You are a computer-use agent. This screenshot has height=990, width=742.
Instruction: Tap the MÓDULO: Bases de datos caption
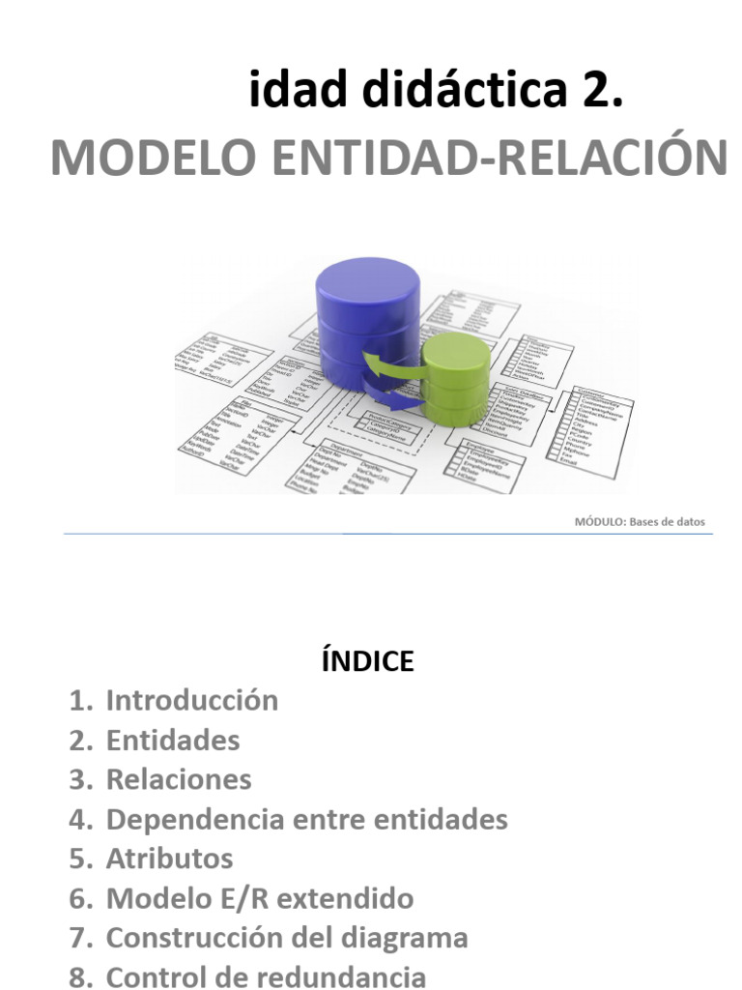point(640,522)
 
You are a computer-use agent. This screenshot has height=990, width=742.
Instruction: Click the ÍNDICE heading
point(367,661)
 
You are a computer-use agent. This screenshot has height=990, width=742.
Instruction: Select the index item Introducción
point(192,700)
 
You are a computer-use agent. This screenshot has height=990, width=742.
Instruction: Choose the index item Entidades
point(173,741)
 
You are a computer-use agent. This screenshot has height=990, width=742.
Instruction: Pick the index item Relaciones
point(179,779)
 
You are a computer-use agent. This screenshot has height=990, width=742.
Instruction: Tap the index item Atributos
point(169,859)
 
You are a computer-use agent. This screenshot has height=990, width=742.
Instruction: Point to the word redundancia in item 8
point(348,976)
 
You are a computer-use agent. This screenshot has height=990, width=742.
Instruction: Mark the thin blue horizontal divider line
point(386,534)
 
